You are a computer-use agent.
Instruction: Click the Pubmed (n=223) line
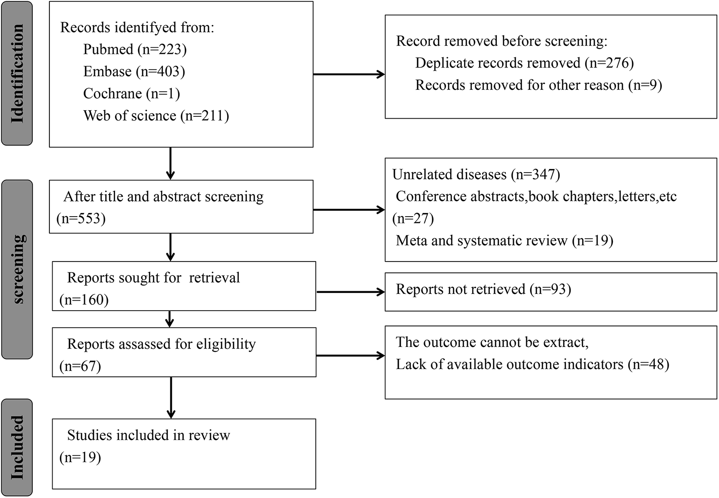click(134, 49)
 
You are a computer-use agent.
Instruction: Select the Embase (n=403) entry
click(134, 71)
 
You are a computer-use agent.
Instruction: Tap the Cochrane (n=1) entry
click(131, 93)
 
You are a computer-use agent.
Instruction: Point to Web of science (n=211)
click(156, 116)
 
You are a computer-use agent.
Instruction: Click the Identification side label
click(17, 73)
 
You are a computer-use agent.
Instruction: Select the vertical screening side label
click(17, 269)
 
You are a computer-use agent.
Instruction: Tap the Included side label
click(17, 447)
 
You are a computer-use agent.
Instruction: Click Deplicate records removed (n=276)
click(524, 63)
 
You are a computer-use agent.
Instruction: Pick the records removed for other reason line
click(538, 85)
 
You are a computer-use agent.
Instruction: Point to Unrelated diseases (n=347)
click(476, 174)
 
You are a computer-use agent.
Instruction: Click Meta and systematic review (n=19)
click(504, 240)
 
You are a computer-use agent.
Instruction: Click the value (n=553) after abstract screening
click(81, 219)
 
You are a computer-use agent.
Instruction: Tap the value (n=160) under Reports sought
click(84, 300)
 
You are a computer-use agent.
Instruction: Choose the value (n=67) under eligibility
click(80, 366)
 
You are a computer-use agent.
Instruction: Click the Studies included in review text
click(148, 435)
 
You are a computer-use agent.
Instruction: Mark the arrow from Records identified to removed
click(348, 75)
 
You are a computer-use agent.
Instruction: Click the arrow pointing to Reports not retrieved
click(350, 292)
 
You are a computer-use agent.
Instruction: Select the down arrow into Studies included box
click(171, 398)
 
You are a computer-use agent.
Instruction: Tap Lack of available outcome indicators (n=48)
click(532, 364)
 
